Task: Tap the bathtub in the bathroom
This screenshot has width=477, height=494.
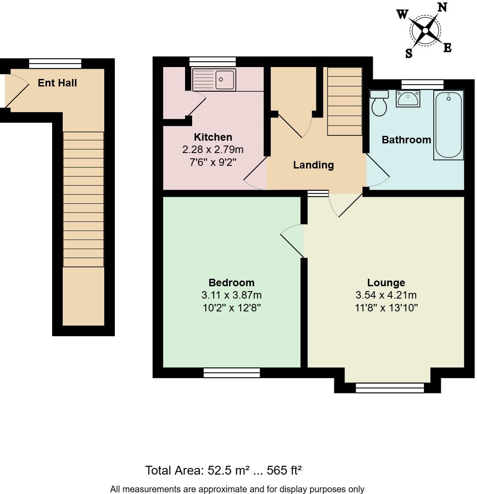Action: (449, 125)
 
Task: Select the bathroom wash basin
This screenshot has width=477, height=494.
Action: (408, 99)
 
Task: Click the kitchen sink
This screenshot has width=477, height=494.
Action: (214, 80)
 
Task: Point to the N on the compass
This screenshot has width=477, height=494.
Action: (442, 7)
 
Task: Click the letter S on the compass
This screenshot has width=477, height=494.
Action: (409, 54)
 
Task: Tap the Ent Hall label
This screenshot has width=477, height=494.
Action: (57, 83)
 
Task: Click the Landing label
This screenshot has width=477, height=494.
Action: (313, 165)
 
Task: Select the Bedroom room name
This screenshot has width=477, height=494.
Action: (231, 283)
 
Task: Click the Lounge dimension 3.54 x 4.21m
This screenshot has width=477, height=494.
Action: (386, 295)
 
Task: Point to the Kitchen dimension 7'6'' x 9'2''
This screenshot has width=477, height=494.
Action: (213, 162)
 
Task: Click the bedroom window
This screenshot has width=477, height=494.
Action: (232, 373)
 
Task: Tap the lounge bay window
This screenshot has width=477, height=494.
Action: (390, 388)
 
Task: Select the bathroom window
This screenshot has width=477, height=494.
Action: (422, 84)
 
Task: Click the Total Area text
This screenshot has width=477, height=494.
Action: (223, 470)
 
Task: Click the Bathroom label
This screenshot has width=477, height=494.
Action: (406, 140)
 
